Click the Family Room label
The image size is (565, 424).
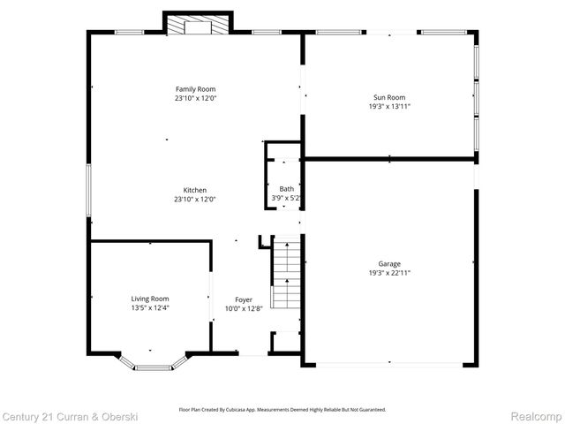195,89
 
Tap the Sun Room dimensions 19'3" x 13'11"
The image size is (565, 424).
389,106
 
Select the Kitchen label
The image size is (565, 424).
195,190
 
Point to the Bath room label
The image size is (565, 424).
287,189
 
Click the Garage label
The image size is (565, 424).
389,263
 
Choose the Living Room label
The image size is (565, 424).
150,299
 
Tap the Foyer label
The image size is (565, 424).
244,299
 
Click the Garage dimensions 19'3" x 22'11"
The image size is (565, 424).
389,273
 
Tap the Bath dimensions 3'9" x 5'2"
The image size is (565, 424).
287,199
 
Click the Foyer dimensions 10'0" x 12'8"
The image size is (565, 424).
244,309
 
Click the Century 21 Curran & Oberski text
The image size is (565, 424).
64,415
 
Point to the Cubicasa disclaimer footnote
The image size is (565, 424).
282,410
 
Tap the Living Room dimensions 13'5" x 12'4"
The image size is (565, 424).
150,308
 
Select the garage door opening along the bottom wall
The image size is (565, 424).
388,365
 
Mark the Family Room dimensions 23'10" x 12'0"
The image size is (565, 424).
195,99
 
